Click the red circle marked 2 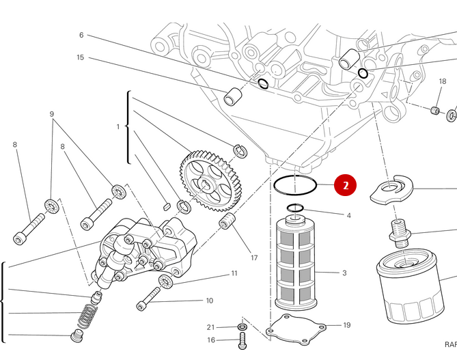coord(346,184)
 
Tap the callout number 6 coord(81,35)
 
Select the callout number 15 coord(81,57)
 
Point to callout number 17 coord(254,258)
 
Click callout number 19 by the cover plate coord(346,325)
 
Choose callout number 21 coord(211,327)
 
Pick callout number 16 coord(211,340)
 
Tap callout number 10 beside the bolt coord(209,301)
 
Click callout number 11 coord(234,273)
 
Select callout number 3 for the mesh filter coord(344,273)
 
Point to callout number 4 coord(348,215)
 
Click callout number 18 coord(443,81)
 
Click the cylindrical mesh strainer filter coord(296,263)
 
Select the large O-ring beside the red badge coord(295,184)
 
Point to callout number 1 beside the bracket coord(118,126)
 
